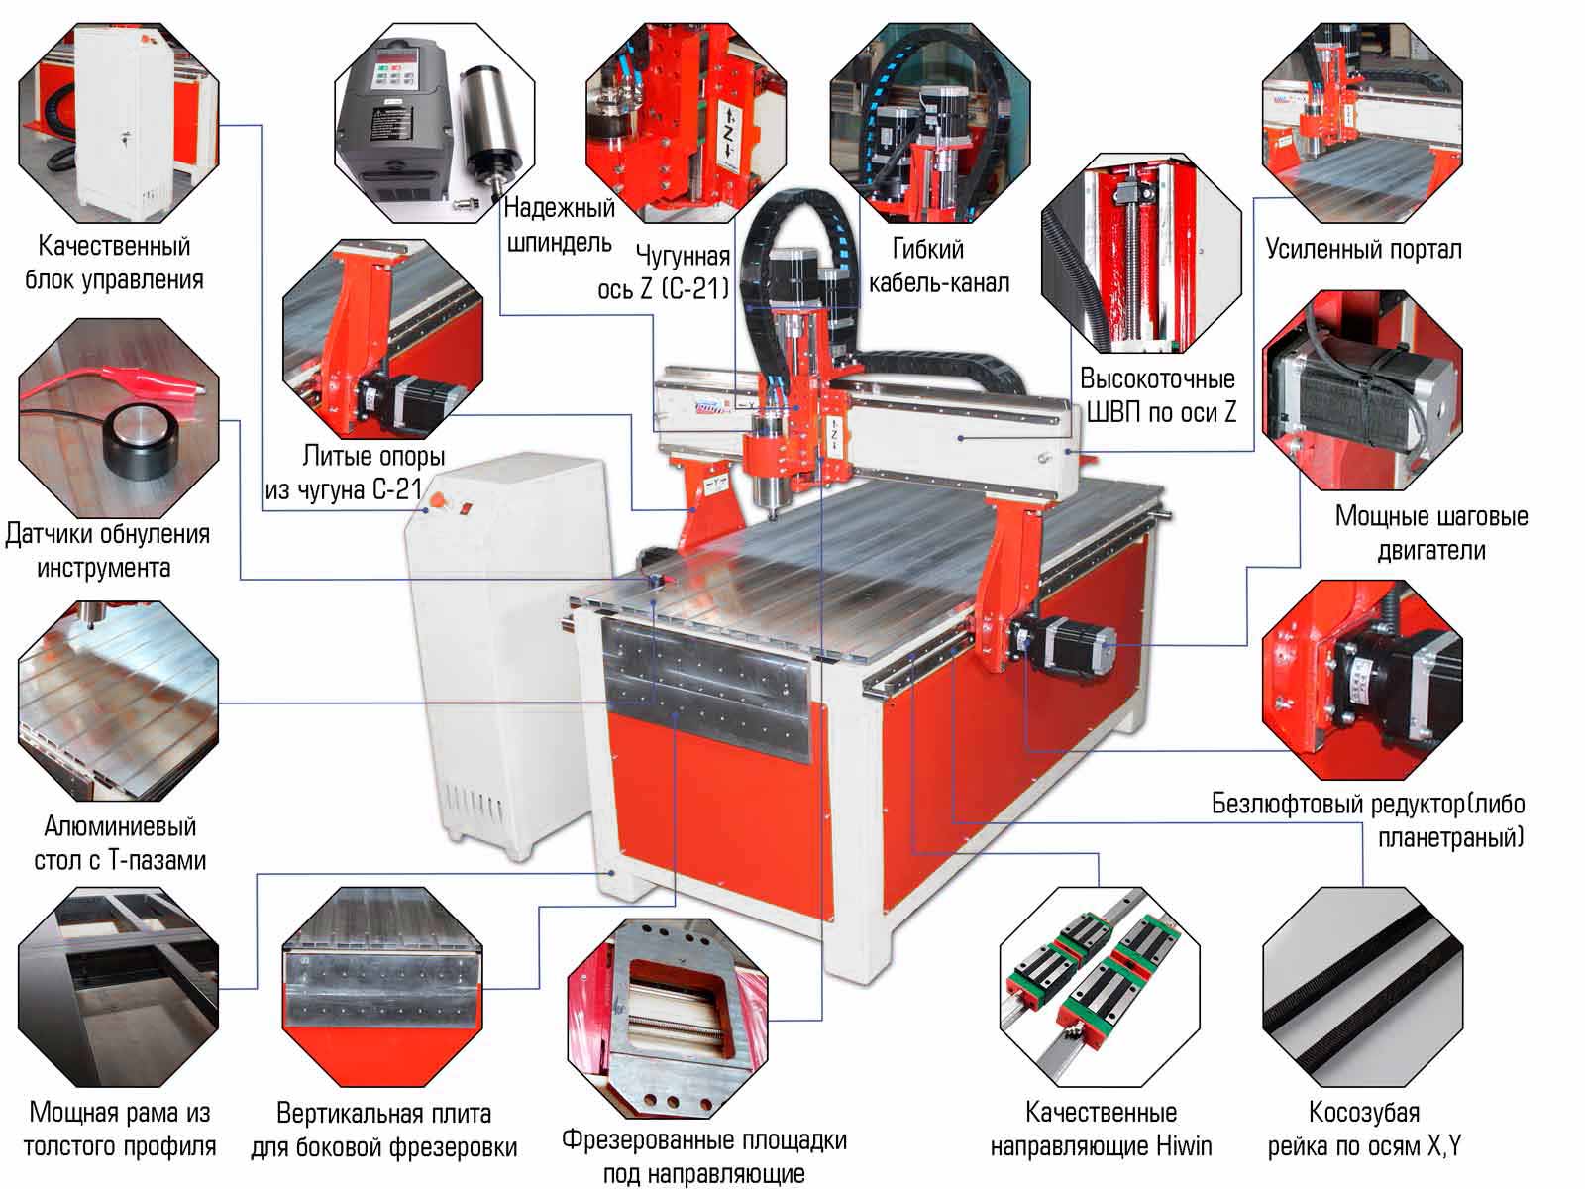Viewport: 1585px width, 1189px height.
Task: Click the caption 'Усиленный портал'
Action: [x=1363, y=250]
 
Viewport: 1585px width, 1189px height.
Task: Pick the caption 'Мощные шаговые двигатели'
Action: [x=1431, y=533]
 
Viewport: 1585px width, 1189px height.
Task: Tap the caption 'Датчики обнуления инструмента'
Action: [x=107, y=551]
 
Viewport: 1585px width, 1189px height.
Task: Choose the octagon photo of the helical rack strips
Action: [x=1362, y=986]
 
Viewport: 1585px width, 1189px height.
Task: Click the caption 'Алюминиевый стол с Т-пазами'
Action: [x=120, y=843]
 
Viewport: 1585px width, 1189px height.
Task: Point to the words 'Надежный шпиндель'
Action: [x=560, y=225]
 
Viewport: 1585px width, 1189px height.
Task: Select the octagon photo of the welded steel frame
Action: [x=119, y=986]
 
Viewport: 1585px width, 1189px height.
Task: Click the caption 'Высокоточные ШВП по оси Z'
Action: [x=1160, y=395]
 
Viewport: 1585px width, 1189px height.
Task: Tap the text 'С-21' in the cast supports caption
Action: [x=397, y=489]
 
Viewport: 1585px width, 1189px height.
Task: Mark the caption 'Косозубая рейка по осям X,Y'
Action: [x=1364, y=1130]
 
